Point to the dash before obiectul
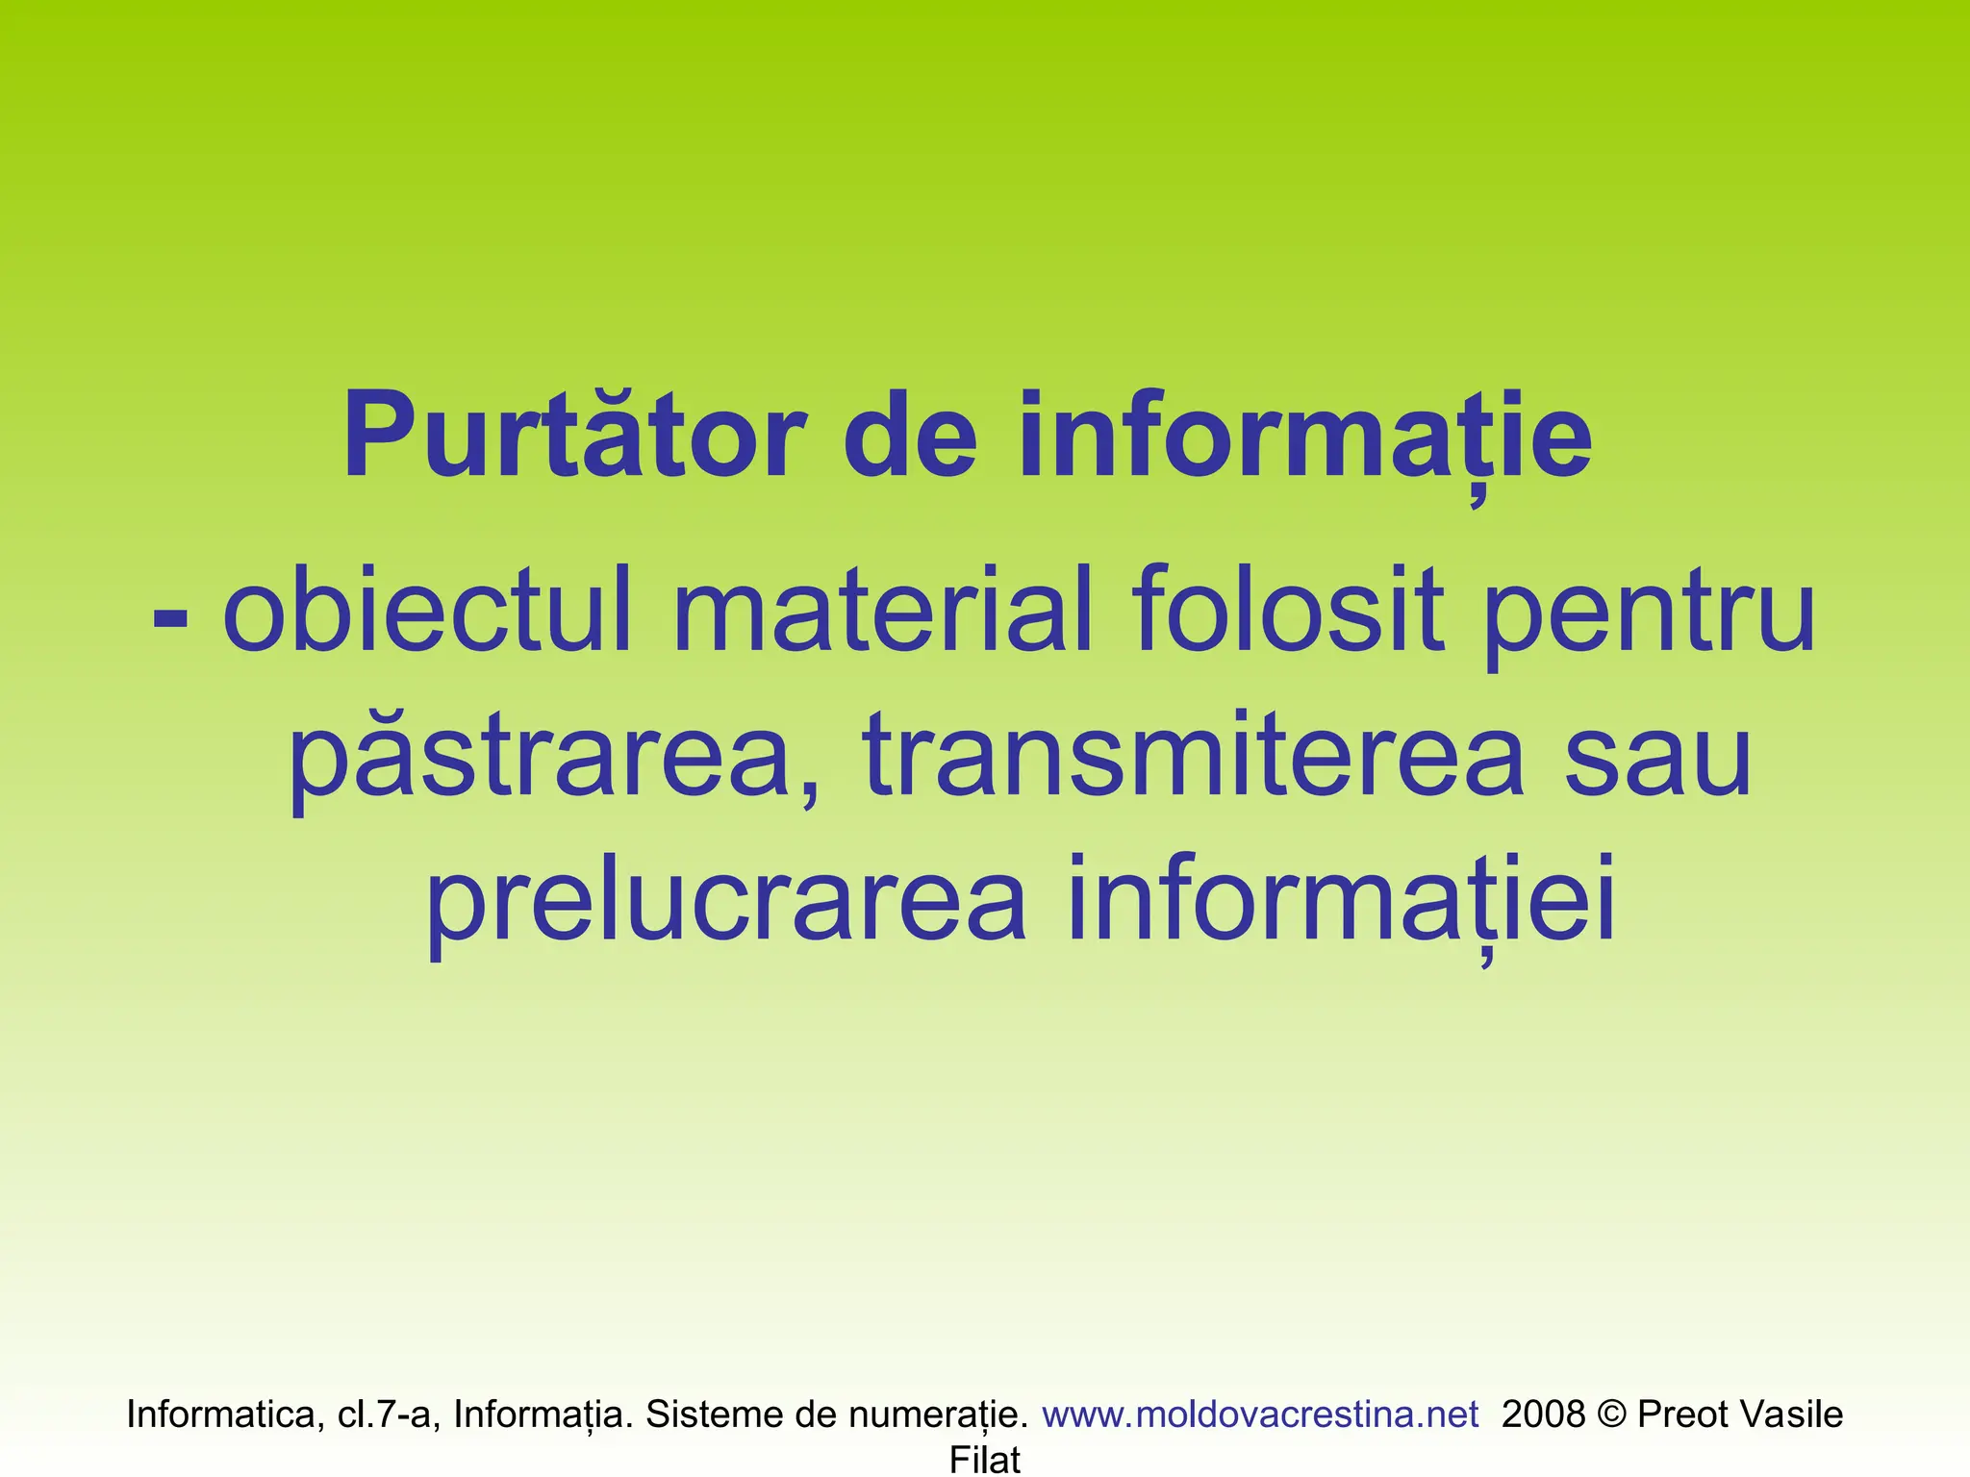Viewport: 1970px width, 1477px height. [x=170, y=615]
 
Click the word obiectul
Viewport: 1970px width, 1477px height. [x=428, y=610]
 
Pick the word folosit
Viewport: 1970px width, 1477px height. [x=1287, y=610]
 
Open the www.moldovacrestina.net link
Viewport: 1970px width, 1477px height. [x=1260, y=1414]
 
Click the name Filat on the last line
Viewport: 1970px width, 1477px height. [x=985, y=1460]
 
